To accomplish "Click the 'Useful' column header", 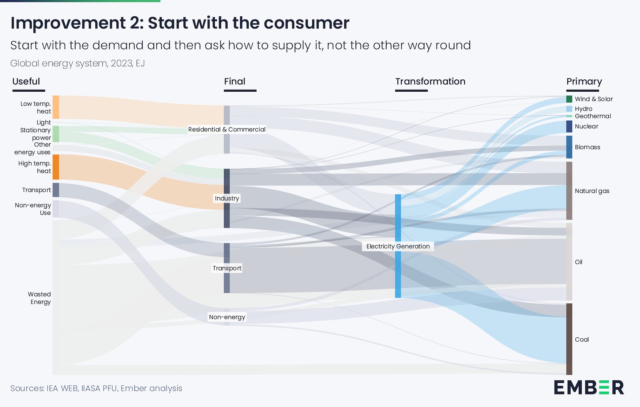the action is click(x=26, y=81).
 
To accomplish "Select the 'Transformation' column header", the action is click(x=430, y=81).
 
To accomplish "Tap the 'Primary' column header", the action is click(x=584, y=82).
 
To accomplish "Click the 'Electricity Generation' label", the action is click(x=398, y=246).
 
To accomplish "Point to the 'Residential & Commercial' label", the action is click(x=227, y=129).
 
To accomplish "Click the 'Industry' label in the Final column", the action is click(x=227, y=198).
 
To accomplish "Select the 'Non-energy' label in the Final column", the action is click(x=227, y=317).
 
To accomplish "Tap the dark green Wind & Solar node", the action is click(x=569, y=99).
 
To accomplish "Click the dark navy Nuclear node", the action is click(x=569, y=126).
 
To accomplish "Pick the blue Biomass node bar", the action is click(x=569, y=147).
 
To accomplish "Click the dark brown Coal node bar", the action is click(x=569, y=339).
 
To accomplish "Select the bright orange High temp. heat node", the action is click(x=56, y=167).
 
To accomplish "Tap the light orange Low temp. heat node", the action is click(x=56, y=107).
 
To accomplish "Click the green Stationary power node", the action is click(x=56, y=134).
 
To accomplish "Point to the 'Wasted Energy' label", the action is click(x=39, y=298).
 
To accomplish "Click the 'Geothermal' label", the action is click(x=593, y=116).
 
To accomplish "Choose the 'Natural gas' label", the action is click(x=592, y=191).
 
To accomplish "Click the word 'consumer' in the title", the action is click(x=307, y=23).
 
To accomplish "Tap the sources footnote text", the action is click(x=96, y=388).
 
